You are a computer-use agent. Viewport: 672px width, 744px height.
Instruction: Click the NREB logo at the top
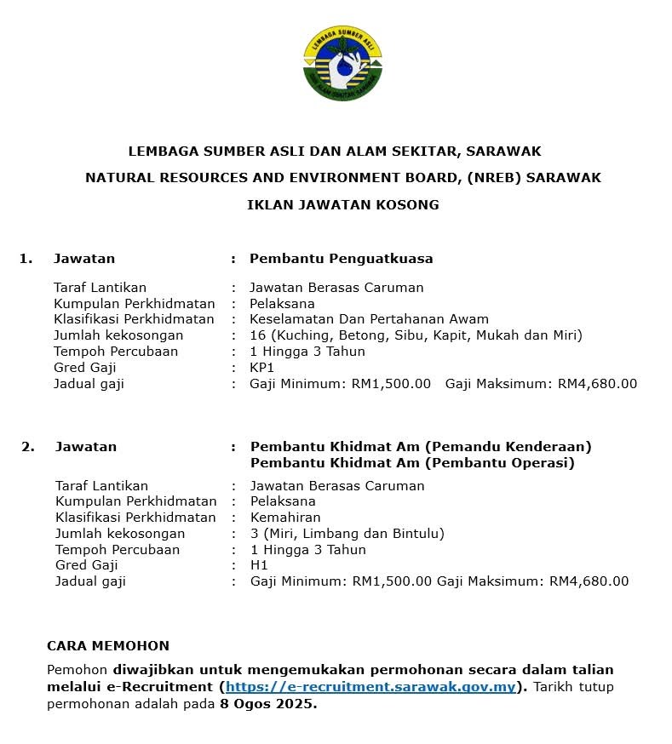[x=342, y=64]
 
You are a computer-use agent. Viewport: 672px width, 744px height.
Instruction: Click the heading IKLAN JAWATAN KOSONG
[x=342, y=205]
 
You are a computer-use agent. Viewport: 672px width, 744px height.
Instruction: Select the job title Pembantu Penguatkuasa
[x=341, y=259]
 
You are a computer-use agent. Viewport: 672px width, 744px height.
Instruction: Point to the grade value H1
[x=258, y=565]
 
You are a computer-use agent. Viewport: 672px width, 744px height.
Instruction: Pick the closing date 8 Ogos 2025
[x=267, y=705]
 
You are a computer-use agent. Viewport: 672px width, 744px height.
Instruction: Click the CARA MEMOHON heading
[x=107, y=646]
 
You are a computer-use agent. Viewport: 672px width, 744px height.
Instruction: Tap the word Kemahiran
[x=285, y=518]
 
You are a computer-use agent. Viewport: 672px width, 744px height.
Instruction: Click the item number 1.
[x=26, y=259]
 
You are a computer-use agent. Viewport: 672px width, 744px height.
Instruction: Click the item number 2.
[x=28, y=447]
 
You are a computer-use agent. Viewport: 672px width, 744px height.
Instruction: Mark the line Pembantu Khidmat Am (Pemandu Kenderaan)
[x=421, y=447]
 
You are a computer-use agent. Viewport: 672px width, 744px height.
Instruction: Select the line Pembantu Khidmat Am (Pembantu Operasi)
[x=412, y=463]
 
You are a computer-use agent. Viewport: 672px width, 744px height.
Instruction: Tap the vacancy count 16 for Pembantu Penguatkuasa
[x=256, y=335]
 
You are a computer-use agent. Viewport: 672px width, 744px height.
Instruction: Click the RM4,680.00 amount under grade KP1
[x=597, y=384]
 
